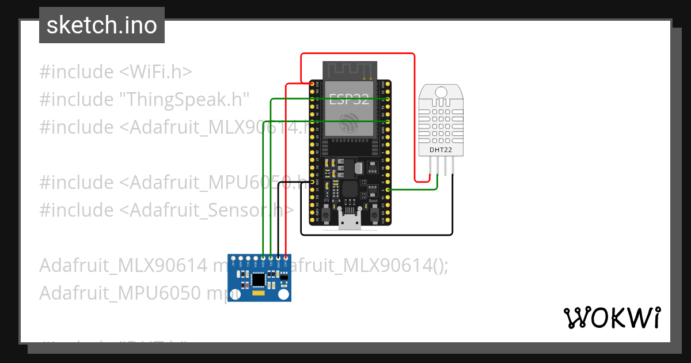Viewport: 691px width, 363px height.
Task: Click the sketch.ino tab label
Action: (101, 25)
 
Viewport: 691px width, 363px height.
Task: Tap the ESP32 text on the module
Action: (349, 99)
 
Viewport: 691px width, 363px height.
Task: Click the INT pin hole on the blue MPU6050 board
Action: (233, 258)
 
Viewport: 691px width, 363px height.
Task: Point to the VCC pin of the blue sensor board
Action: (286, 258)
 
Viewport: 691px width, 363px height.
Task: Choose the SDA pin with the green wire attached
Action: (263, 258)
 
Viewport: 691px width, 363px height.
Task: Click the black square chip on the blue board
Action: (259, 279)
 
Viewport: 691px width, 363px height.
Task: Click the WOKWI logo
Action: (612, 317)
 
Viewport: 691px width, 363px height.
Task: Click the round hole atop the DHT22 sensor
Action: (441, 92)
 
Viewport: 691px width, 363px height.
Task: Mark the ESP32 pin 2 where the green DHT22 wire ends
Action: (388, 190)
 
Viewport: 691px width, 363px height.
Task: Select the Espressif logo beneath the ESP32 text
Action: (349, 122)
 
